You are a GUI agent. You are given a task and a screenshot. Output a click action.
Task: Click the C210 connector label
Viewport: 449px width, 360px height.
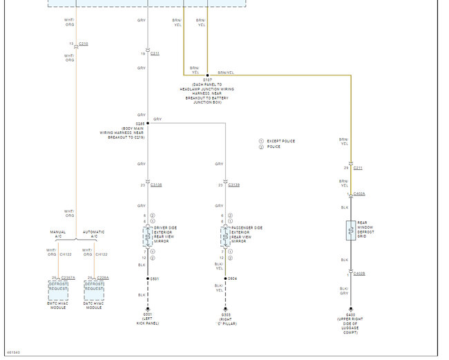pos(84,44)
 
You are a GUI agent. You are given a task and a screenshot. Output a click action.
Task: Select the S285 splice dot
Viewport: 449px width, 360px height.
pos(147,123)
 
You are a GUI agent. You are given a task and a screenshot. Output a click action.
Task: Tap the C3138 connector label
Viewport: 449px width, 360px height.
pos(156,185)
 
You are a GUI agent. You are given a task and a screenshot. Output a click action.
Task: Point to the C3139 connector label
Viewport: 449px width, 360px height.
pos(233,185)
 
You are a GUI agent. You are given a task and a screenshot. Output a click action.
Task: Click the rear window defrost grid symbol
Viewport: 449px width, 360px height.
pos(350,231)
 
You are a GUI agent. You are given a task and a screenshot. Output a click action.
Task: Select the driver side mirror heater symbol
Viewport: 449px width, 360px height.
pos(147,236)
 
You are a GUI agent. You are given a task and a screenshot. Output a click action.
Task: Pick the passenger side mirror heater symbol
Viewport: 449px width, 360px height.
pos(225,236)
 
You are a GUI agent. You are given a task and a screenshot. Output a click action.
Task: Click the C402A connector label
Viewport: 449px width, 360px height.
pos(359,194)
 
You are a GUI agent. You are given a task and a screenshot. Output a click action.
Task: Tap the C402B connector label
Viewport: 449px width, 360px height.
pos(359,274)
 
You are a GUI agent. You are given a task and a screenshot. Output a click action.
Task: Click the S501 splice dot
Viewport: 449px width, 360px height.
pos(147,279)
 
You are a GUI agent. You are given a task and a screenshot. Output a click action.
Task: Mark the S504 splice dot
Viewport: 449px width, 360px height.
pos(225,279)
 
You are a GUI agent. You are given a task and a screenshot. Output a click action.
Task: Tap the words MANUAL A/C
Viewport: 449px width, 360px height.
pos(58,234)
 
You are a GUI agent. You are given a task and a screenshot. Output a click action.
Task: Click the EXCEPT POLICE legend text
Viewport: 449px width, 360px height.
pos(281,141)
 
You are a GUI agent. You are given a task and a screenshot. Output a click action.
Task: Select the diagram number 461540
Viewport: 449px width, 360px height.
pos(14,352)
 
